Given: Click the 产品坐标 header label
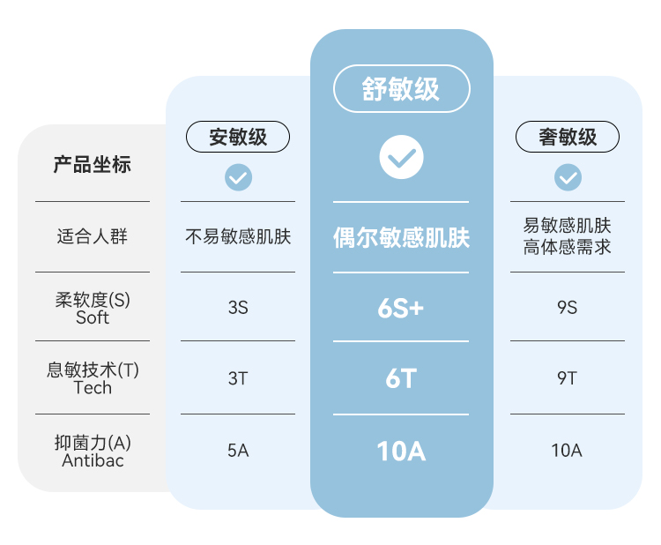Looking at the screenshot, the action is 93,164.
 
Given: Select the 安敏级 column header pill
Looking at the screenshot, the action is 238,138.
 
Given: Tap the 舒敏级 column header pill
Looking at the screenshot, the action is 401,88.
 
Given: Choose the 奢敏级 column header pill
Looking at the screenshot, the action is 568,138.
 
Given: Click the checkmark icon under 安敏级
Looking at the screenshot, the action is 238,177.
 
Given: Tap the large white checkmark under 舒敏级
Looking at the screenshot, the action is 401,158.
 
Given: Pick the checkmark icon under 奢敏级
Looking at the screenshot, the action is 568,177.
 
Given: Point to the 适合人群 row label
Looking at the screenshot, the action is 93,236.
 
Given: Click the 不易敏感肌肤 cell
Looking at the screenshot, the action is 238,236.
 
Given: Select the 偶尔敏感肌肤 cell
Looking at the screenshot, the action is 401,237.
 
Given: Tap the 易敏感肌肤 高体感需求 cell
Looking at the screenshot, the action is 568,236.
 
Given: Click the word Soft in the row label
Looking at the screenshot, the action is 93,317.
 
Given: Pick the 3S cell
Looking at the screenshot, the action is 238,308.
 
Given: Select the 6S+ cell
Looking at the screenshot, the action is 401,308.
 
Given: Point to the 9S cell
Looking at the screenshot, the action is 568,308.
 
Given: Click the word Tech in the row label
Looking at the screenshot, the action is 93,388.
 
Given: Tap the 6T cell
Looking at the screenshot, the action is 401,378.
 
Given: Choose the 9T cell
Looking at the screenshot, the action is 568,378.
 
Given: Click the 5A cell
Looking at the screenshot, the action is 238,451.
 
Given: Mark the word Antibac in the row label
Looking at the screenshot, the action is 93,460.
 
